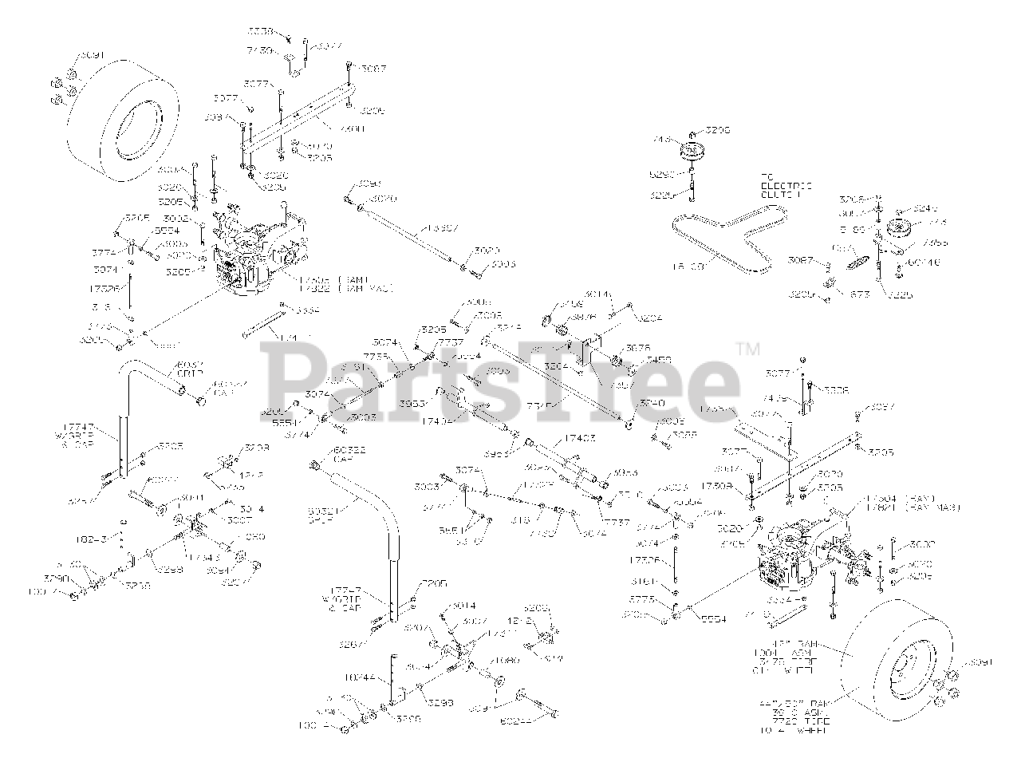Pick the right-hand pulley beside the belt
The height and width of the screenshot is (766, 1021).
click(901, 228)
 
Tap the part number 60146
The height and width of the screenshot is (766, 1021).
click(924, 261)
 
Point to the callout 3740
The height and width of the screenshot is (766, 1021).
click(652, 404)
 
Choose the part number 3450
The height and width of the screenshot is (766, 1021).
click(640, 360)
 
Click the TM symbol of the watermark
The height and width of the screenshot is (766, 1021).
click(747, 348)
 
